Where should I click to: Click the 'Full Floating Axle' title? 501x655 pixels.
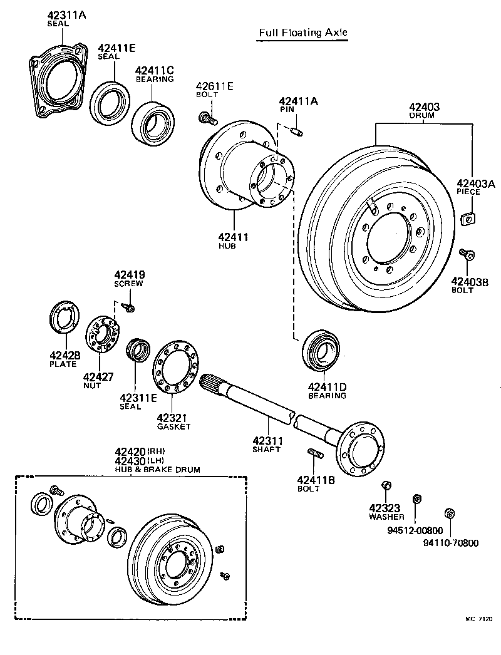tap(302, 33)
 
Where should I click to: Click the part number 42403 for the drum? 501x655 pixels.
tap(424, 107)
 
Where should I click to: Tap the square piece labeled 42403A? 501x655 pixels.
tap(467, 219)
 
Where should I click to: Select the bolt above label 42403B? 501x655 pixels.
tap(467, 254)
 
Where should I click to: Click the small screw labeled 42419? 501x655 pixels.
tap(129, 307)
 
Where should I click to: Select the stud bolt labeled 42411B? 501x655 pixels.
tap(314, 453)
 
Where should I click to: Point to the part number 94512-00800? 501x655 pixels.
tap(415, 529)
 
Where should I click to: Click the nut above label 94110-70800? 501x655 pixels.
tap(448, 513)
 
